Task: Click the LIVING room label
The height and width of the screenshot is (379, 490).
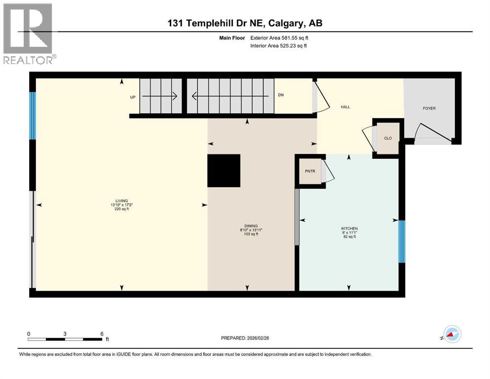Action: tap(122, 201)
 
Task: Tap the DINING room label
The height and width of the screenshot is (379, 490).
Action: tap(251, 226)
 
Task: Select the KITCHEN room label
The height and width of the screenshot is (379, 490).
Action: tap(349, 228)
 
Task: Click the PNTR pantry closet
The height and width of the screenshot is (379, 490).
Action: tap(310, 171)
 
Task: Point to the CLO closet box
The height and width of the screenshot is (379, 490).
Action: tap(388, 138)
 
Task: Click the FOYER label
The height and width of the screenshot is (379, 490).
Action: tap(429, 109)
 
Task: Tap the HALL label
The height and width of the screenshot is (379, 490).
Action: tap(345, 107)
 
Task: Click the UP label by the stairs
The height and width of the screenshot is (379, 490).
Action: tap(132, 97)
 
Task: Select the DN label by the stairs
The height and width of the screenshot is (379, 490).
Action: tap(281, 95)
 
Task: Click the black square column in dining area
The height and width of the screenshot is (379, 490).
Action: tap(224, 171)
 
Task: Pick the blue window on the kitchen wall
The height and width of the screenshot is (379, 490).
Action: tap(402, 241)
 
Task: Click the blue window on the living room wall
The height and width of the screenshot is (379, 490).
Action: tap(33, 115)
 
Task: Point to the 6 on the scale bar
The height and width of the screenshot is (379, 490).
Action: tap(102, 334)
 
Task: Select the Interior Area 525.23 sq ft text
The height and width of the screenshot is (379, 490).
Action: tap(279, 46)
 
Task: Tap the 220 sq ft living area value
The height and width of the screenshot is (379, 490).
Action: tap(122, 209)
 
